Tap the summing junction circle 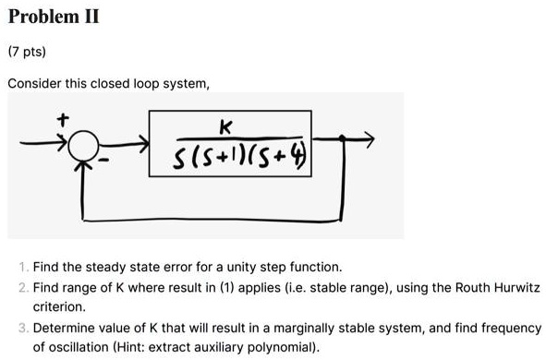coord(85,143)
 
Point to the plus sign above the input coord(63,119)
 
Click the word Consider coord(33,84)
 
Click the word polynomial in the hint coord(284,347)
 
